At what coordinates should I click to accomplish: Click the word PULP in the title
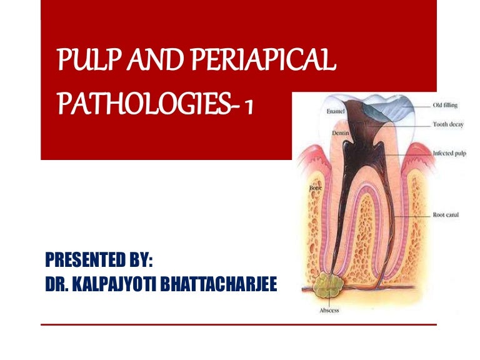click(x=77, y=62)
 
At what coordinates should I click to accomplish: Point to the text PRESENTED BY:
click(x=100, y=258)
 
